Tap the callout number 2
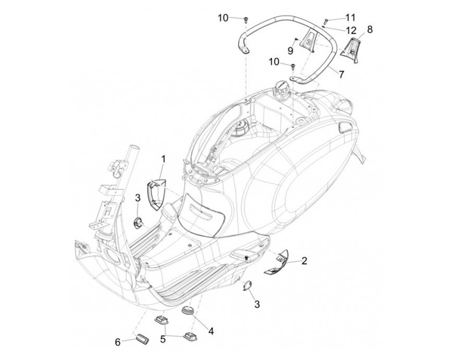(x=304, y=260)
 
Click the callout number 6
(x=118, y=342)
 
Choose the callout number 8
(x=370, y=29)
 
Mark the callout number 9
(x=290, y=50)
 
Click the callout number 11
(x=351, y=17)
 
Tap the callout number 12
(x=351, y=30)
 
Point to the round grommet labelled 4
(x=187, y=310)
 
